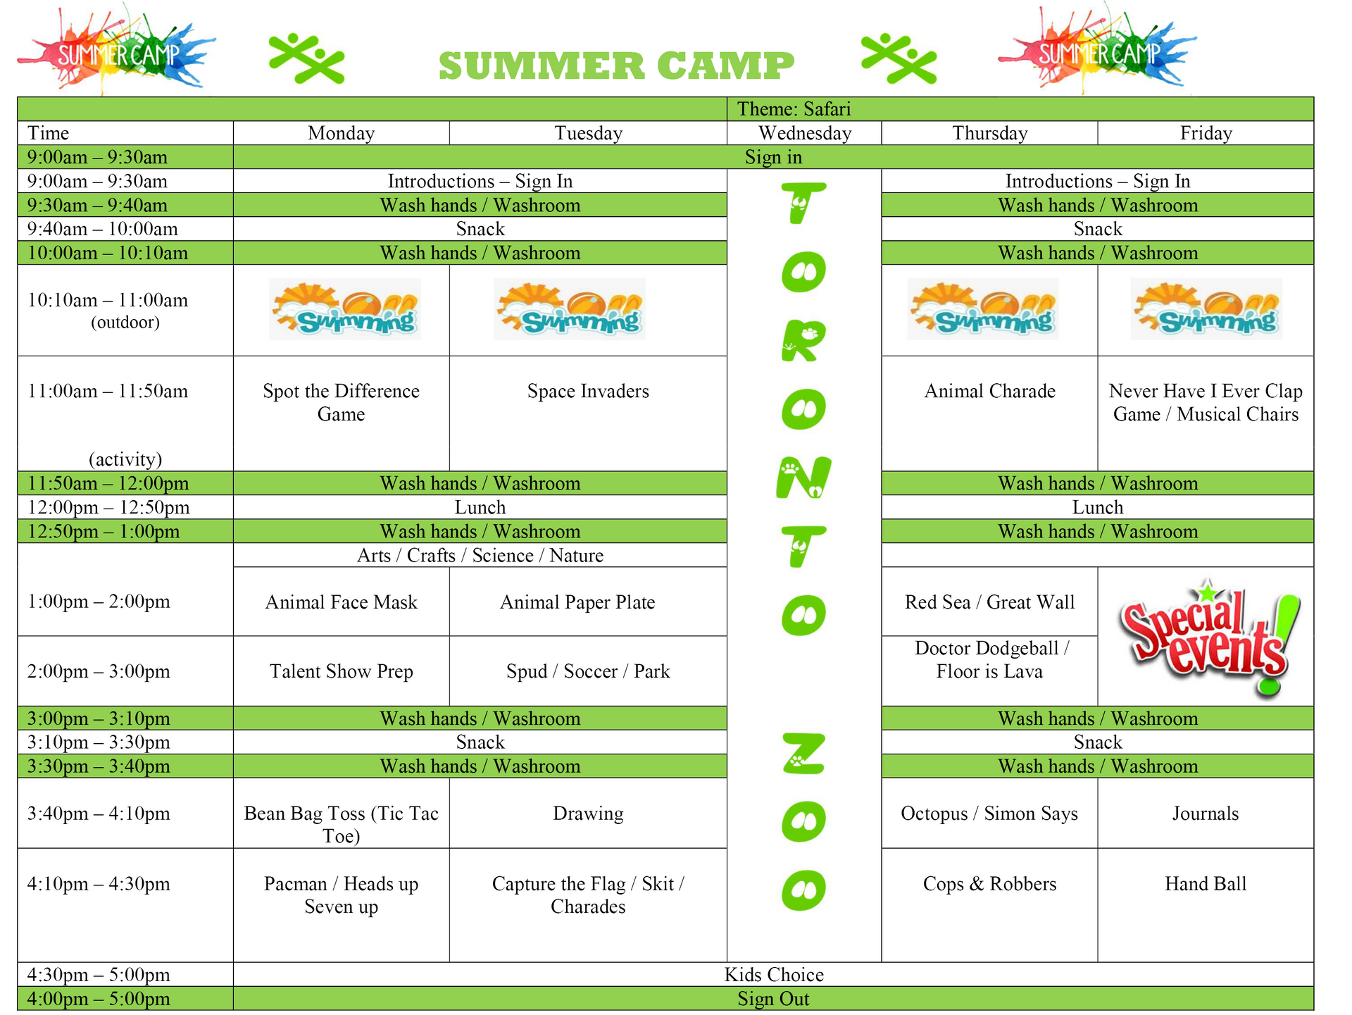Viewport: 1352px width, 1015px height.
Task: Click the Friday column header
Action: click(x=1206, y=133)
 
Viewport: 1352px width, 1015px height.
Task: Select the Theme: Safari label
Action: click(x=794, y=109)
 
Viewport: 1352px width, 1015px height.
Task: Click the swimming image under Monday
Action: click(x=345, y=310)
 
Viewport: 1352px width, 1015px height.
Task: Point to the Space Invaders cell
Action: click(x=588, y=392)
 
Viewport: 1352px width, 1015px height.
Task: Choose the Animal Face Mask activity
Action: click(x=341, y=602)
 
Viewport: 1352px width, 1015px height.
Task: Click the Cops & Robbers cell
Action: click(x=989, y=884)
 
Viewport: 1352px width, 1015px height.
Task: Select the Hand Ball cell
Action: click(x=1206, y=884)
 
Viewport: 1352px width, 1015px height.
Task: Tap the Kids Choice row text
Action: click(x=774, y=975)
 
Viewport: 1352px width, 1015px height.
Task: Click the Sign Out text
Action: click(x=773, y=999)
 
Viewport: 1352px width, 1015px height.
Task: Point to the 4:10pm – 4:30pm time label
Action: click(x=99, y=884)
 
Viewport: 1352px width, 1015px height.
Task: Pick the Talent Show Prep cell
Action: click(x=341, y=671)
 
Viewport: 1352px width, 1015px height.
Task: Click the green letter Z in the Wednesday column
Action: click(x=803, y=752)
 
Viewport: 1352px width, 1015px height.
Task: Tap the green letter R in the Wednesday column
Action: click(x=803, y=341)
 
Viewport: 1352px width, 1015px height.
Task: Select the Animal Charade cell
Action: click(x=989, y=392)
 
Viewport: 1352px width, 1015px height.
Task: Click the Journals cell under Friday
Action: click(x=1206, y=814)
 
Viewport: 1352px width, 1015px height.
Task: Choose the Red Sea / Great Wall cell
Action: click(x=989, y=602)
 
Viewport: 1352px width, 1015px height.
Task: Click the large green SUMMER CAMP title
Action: click(x=616, y=66)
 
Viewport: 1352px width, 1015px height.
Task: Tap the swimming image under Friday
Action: click(x=1206, y=310)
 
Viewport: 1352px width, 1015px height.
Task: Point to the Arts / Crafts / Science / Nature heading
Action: click(x=480, y=556)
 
